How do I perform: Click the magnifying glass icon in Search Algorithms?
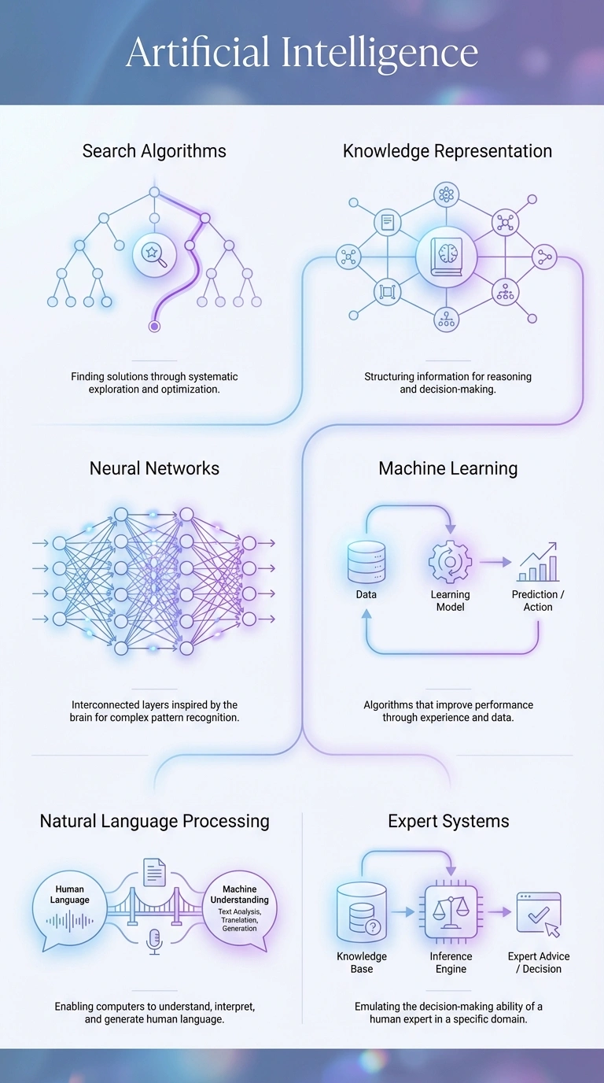coord(154,254)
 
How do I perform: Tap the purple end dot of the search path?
coord(154,326)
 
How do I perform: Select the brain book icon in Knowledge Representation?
coord(447,257)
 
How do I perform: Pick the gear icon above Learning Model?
coord(450,562)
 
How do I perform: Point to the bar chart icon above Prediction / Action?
coord(538,562)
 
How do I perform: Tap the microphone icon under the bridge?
coord(155,941)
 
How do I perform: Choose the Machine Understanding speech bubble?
coord(239,909)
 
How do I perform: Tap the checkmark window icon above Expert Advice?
coord(539,913)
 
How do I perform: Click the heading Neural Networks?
coord(154,468)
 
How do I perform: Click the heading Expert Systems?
coord(448,821)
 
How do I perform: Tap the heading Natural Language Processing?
coord(154,821)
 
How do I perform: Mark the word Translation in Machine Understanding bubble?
coord(239,920)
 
